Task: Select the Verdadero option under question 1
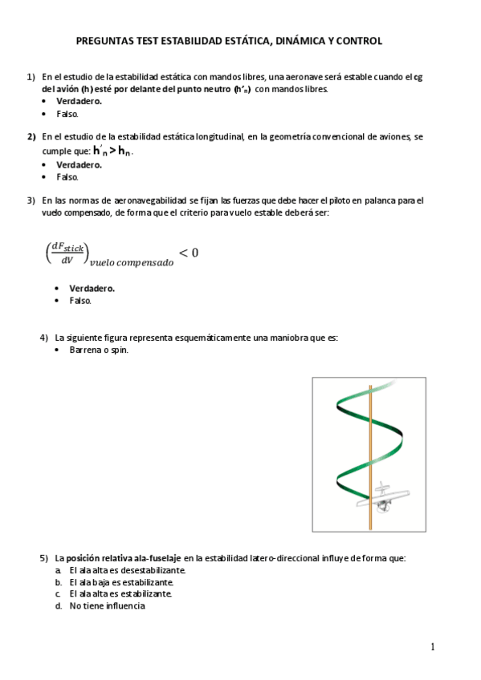(x=79, y=102)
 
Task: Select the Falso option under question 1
(x=67, y=114)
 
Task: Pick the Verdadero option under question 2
(x=79, y=164)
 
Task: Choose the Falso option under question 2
(x=67, y=176)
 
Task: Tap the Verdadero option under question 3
(x=92, y=288)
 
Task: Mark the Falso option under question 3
(x=80, y=301)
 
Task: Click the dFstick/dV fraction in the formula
(x=68, y=253)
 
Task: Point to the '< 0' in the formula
(x=188, y=253)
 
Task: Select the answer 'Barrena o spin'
(x=99, y=350)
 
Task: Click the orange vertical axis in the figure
(x=370, y=457)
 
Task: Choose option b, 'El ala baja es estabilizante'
(x=120, y=582)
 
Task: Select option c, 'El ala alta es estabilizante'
(x=120, y=594)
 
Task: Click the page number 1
(x=432, y=647)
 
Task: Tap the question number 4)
(x=45, y=338)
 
